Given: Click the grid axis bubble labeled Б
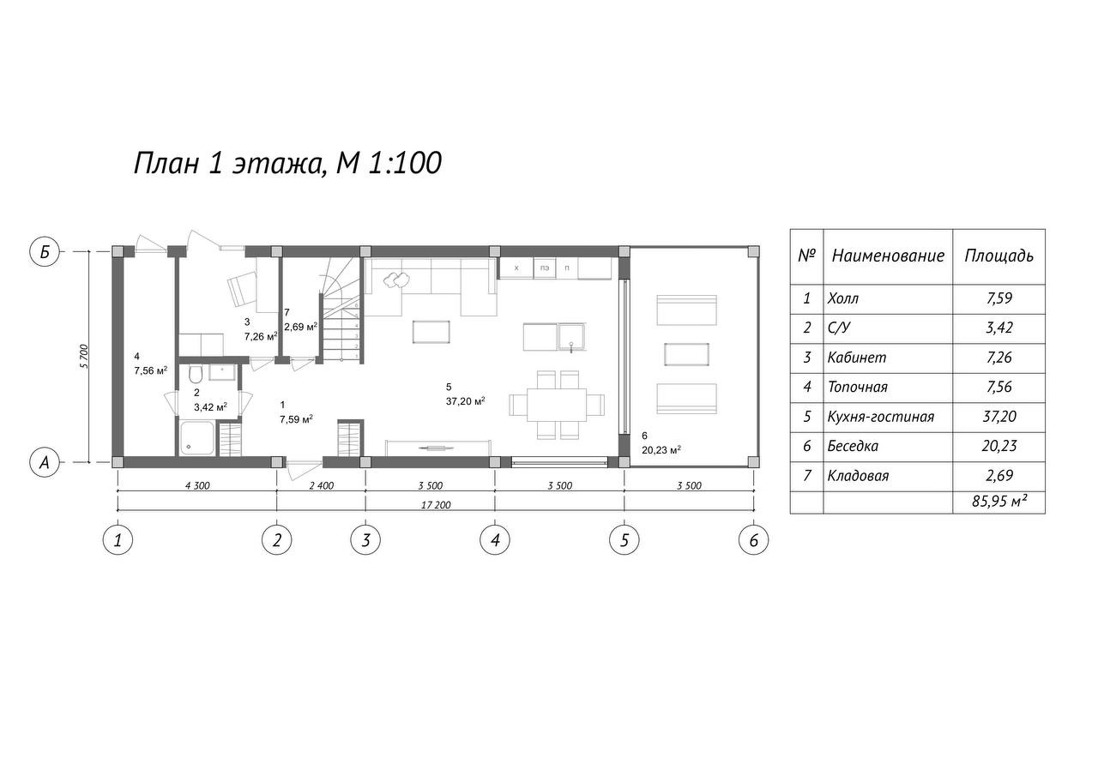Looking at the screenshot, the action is click(x=45, y=252).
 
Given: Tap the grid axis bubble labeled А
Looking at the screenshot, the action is click(x=45, y=462).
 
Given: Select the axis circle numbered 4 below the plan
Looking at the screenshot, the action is click(x=495, y=540).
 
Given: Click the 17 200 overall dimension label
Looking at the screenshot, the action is click(x=436, y=504).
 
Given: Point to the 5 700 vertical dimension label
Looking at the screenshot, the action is click(x=84, y=356).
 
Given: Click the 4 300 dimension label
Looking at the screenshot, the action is click(x=197, y=485).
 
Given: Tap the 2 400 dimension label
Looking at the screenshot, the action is click(x=322, y=485).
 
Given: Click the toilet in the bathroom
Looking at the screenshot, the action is click(x=195, y=374).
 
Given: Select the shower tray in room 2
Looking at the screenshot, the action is click(x=197, y=437).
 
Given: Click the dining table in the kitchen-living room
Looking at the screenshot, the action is click(x=557, y=405).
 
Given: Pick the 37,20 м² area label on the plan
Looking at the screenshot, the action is click(x=466, y=401).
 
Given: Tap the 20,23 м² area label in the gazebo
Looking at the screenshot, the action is click(x=661, y=449).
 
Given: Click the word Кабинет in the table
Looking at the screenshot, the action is click(x=857, y=358).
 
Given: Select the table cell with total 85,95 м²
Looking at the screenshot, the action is click(x=999, y=502).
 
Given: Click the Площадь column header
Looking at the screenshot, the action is click(x=999, y=256).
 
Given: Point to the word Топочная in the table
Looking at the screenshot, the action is click(x=857, y=387).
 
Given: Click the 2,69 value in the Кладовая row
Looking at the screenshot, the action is click(x=999, y=475).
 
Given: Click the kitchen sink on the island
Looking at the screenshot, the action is click(x=571, y=337).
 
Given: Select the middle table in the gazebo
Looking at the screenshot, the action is click(x=687, y=354).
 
